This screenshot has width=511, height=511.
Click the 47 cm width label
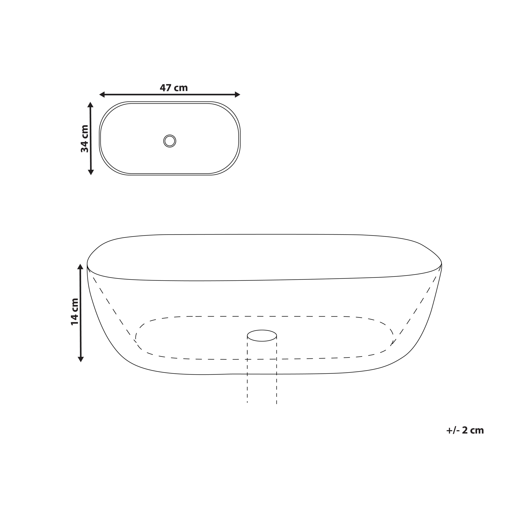pos(174,88)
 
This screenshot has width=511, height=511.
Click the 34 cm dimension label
pos(85,139)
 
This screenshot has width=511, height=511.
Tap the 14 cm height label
pos(75,311)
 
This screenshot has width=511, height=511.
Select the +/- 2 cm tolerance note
pos(465,431)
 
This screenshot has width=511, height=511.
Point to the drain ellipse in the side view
pos(262,336)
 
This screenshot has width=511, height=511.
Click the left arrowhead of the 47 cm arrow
pos(102,94)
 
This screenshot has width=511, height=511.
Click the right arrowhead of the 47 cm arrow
pos(238,94)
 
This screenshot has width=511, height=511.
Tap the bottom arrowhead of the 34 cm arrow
pos(91,172)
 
